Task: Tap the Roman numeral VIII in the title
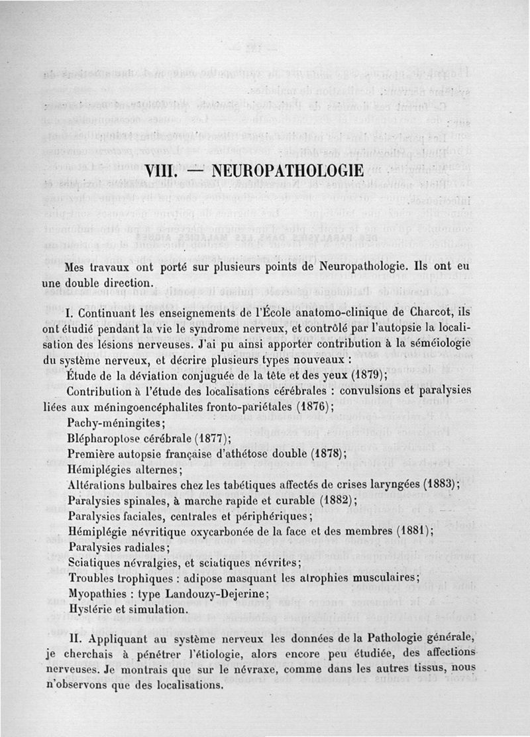click(162, 170)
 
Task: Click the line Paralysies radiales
click(119, 547)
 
